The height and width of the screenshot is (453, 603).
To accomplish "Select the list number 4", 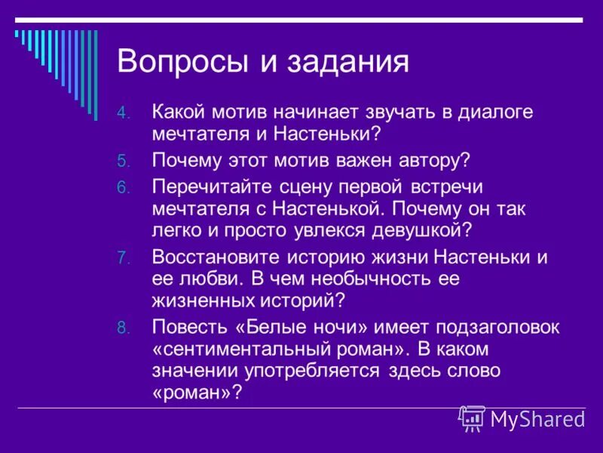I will coord(123,114).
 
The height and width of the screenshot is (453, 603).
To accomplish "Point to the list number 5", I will coord(123,162).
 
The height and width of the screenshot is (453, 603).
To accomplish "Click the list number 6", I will coord(123,187).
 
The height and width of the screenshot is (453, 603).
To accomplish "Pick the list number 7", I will coord(123,258).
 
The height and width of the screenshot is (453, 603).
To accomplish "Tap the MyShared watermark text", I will coord(537,419).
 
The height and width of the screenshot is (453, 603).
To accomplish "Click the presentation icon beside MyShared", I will coord(473,418).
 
